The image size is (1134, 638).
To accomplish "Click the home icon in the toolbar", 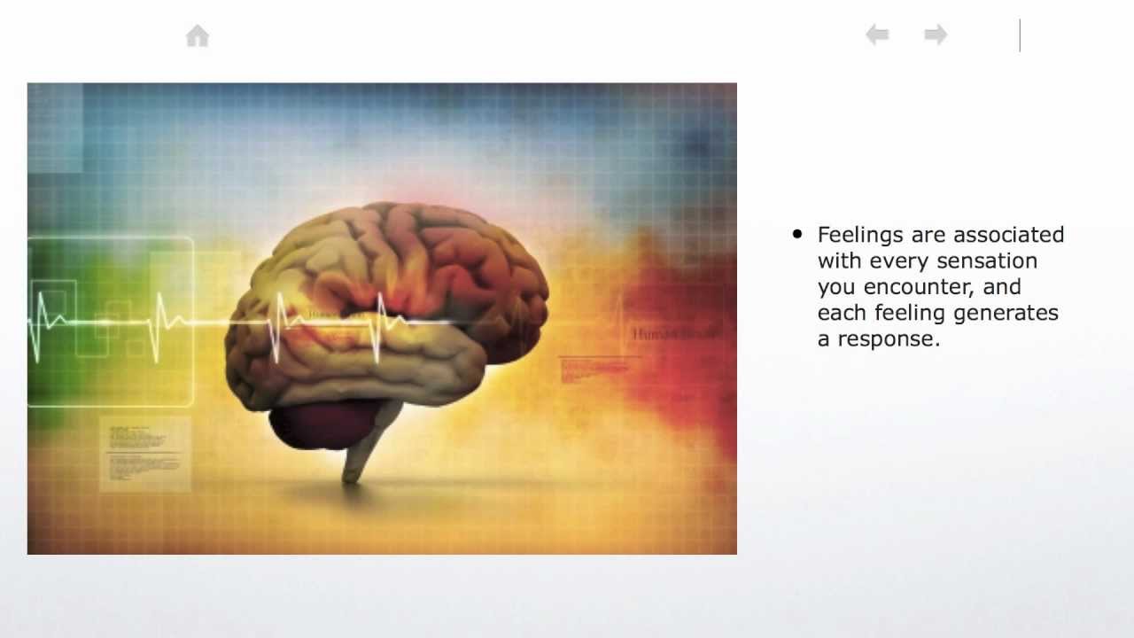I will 198,36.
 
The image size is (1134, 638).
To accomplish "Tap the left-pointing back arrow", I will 877,35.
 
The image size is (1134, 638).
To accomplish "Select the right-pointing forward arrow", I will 936,35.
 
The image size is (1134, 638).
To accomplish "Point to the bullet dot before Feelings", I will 797,235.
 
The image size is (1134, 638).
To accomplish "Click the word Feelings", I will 857,235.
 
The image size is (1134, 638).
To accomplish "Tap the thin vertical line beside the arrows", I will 1020,35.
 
